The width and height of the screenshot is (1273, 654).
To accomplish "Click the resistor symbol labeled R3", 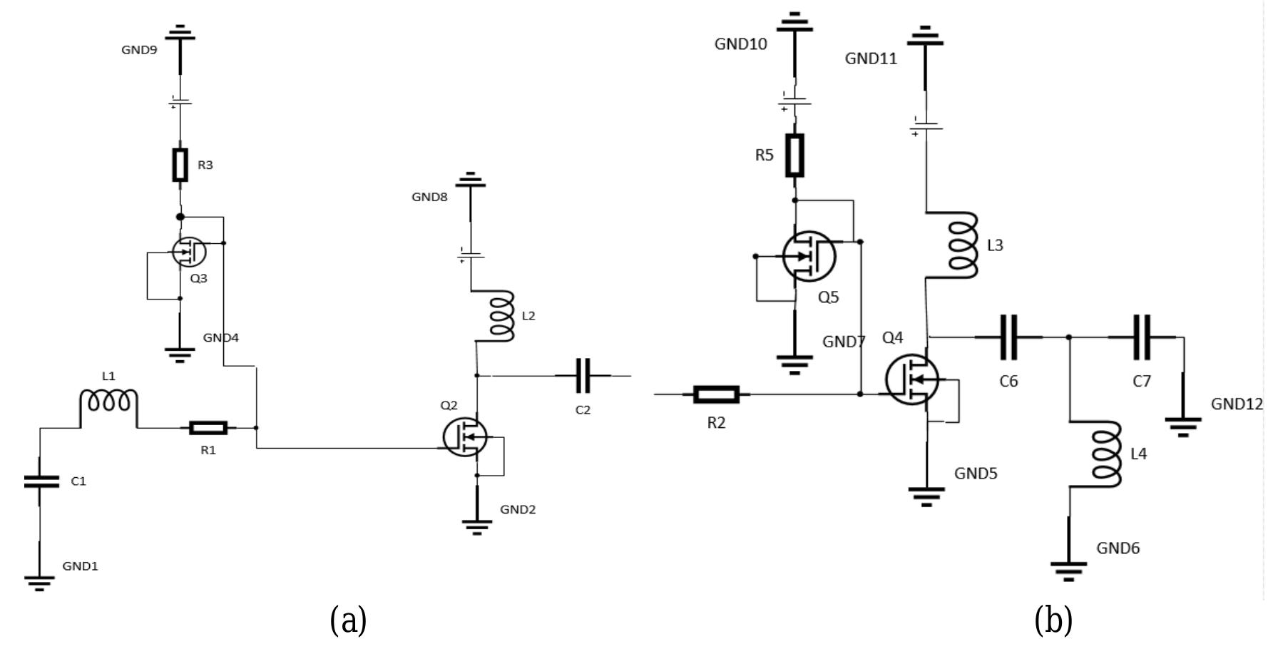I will pos(180,165).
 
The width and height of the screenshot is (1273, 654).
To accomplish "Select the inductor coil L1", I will pos(108,402).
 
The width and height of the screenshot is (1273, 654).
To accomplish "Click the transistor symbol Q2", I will pos(465,436).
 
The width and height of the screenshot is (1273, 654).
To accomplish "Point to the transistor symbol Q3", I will pos(189,251).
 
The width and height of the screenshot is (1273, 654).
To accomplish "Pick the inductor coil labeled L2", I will pos(501,315).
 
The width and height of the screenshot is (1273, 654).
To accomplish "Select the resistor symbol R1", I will pos(208,428).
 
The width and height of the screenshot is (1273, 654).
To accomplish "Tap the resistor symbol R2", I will pos(716,394).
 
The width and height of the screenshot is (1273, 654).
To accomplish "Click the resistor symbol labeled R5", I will pos(794,155).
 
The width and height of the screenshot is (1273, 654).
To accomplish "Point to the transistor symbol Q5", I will pos(809,256).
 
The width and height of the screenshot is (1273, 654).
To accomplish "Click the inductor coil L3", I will pos(963,245).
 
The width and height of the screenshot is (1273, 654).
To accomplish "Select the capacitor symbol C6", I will pos(1008,337).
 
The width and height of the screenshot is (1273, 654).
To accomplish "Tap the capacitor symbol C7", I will pos(1142,337).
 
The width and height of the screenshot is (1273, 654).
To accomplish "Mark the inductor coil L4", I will pos(1105,454).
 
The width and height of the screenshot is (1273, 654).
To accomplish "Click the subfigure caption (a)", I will pos(349,620).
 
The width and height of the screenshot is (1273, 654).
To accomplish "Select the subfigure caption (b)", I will pos(1053,620).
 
